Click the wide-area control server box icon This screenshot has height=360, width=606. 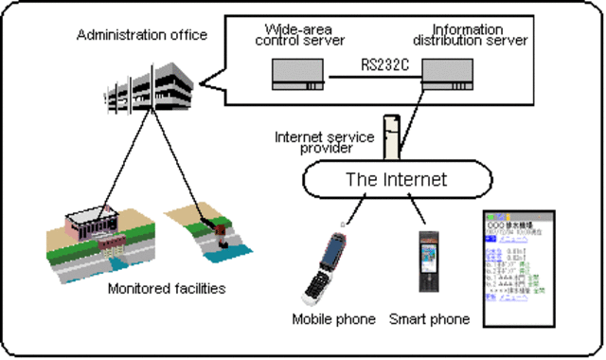pyautogui.click(x=296, y=72)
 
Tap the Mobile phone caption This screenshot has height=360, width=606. pyautogui.click(x=331, y=319)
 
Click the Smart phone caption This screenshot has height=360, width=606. pyautogui.click(x=429, y=319)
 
